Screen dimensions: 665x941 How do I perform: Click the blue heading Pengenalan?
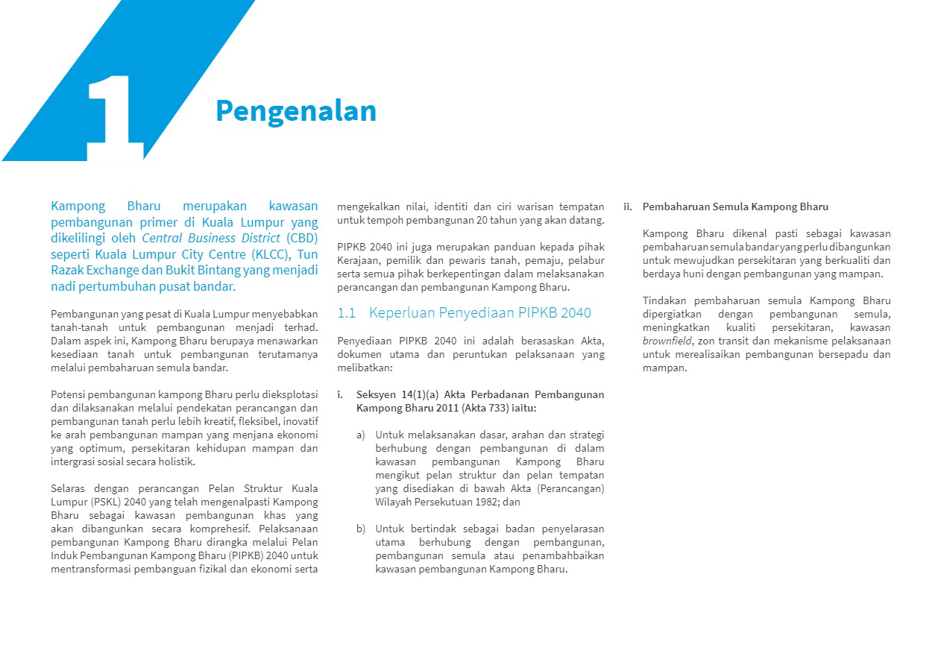click(296, 111)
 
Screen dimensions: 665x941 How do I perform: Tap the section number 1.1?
click(347, 313)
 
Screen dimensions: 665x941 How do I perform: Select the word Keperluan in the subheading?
click(401, 313)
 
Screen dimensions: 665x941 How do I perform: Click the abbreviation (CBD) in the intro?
click(300, 238)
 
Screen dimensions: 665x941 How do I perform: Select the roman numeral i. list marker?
click(341, 394)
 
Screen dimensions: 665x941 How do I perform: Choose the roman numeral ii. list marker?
click(628, 207)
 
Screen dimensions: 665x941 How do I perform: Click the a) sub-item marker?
click(361, 435)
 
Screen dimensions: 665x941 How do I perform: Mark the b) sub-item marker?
click(361, 529)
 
